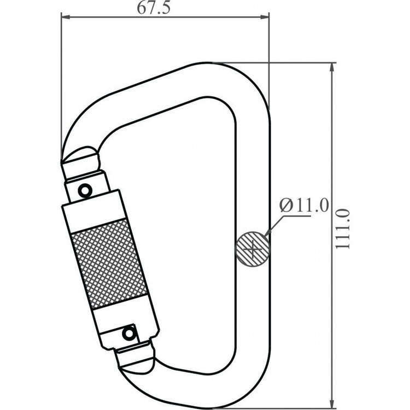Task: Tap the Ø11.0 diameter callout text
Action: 303,206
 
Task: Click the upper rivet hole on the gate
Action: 85,190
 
